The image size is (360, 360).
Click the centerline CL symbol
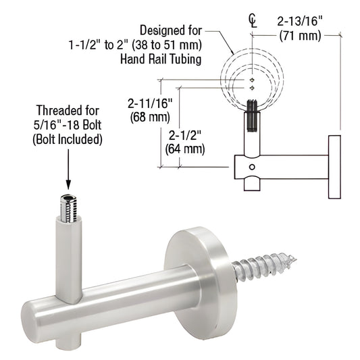(253, 21)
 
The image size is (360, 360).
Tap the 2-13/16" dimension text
(300, 22)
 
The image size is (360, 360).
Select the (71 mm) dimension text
(300, 36)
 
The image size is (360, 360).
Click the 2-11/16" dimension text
(150, 103)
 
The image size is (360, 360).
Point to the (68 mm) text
(150, 118)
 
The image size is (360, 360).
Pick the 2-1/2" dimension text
(185, 136)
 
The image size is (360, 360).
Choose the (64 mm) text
(185, 149)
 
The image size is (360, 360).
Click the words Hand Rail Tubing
(161, 59)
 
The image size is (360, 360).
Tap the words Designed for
(171, 30)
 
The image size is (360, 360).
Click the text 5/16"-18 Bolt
(68, 125)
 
